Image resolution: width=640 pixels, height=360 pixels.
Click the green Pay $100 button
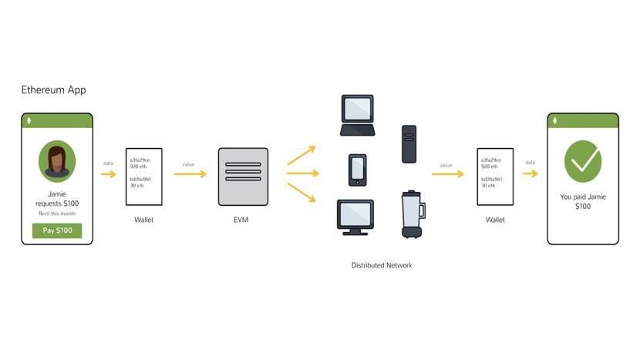(56, 230)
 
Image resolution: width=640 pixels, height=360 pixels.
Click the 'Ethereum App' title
(53, 90)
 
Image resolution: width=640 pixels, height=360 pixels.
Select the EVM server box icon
(243, 177)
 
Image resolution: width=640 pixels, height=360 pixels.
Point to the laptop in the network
(357, 116)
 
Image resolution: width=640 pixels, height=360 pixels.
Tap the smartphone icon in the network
(357, 170)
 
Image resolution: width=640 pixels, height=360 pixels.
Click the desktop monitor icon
(355, 217)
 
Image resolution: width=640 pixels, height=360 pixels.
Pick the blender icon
(410, 214)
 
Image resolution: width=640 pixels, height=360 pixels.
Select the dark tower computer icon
(409, 143)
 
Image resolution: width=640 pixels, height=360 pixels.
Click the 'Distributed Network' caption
(382, 265)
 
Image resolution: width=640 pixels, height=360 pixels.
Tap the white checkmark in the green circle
(582, 161)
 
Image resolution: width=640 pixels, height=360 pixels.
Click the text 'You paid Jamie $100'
(582, 202)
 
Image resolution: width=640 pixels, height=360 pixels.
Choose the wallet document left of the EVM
(143, 177)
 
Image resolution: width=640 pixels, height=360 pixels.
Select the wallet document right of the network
(495, 177)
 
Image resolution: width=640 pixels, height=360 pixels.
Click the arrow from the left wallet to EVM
(190, 174)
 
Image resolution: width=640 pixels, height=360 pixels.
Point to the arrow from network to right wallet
(447, 174)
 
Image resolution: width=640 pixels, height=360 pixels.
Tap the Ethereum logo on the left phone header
(30, 121)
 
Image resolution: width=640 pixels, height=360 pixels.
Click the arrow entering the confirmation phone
(530, 173)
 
